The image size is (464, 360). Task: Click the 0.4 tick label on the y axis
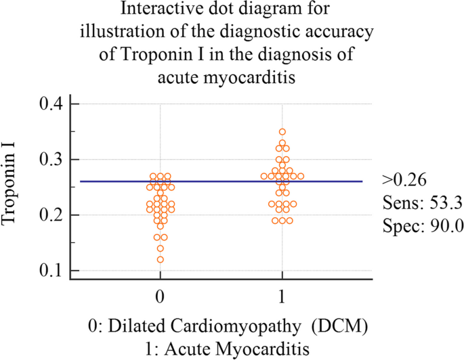(x=49, y=104)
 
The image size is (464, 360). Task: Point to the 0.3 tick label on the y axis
(x=49, y=160)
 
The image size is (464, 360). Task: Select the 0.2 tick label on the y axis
(x=49, y=215)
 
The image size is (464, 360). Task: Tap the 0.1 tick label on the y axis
(x=49, y=271)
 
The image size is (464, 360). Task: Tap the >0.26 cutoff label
(x=404, y=181)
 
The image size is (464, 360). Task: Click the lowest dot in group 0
(x=161, y=259)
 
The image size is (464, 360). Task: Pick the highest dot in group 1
(x=282, y=132)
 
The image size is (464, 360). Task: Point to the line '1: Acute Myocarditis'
(x=232, y=348)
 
